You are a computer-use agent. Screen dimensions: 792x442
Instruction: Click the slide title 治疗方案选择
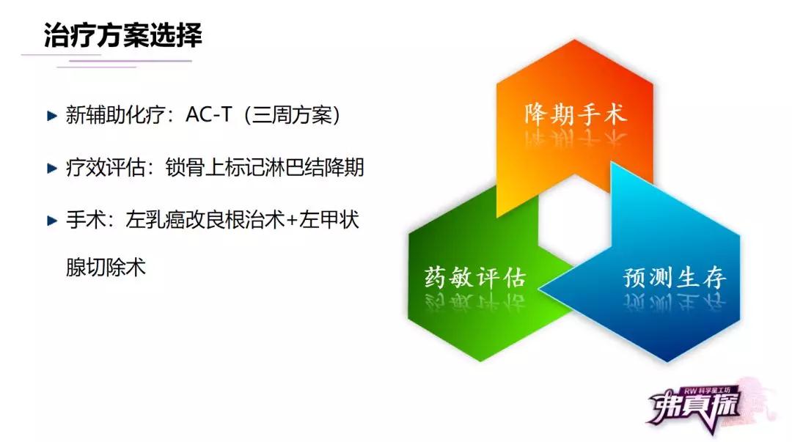point(122,35)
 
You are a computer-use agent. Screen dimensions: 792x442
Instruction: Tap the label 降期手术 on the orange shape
point(576,114)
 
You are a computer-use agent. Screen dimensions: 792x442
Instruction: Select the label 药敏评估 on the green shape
point(474,277)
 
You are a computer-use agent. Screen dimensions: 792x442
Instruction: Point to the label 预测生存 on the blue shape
point(675,277)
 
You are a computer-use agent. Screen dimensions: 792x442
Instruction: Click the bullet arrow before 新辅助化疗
point(52,117)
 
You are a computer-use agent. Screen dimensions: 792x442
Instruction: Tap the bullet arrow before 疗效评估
point(52,168)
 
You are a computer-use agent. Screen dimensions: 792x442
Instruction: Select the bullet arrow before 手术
point(52,221)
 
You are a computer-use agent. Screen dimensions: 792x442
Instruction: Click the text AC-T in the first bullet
point(208,115)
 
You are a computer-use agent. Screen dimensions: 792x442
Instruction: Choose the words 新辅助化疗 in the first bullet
point(115,115)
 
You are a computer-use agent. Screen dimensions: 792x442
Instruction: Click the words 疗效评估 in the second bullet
point(106,168)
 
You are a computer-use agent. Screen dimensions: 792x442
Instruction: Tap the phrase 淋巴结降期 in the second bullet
point(314,168)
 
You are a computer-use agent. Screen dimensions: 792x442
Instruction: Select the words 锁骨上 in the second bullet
point(195,168)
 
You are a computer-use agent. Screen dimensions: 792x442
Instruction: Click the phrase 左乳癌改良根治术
point(205,220)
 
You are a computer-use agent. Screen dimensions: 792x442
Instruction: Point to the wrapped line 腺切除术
point(106,268)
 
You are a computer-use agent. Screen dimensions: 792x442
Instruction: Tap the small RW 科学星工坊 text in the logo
point(710,391)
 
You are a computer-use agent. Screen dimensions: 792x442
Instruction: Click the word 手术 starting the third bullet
point(85,220)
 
